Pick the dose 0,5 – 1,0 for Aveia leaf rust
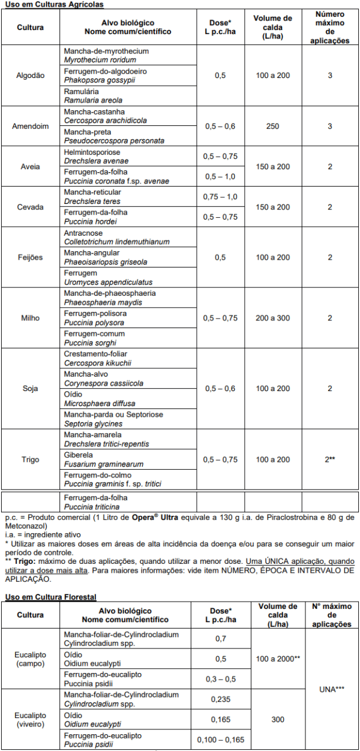220,177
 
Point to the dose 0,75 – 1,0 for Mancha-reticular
220,197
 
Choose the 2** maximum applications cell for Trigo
329,459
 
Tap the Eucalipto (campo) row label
30,659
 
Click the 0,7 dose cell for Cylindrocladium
220,639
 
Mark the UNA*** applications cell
329,689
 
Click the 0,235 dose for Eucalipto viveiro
220,699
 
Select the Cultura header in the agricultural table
30,28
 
